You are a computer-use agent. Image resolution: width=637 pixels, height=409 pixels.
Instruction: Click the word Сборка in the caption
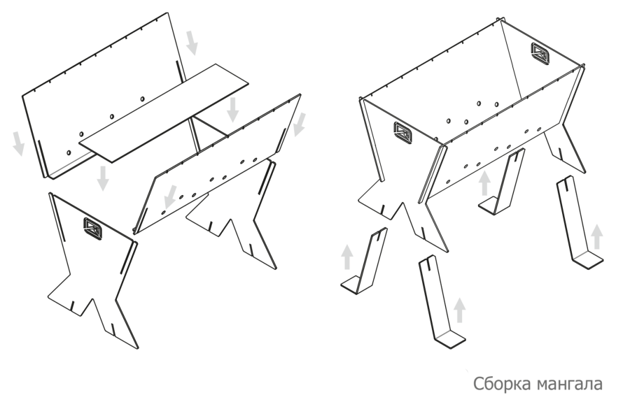(x=502, y=383)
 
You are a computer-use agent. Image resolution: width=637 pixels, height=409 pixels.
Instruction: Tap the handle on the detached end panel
(x=93, y=229)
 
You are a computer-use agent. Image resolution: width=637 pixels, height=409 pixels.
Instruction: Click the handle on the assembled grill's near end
(x=402, y=133)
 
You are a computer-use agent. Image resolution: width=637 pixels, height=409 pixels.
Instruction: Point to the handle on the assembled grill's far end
(x=540, y=53)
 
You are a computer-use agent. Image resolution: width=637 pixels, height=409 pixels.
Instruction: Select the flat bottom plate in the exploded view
(x=163, y=113)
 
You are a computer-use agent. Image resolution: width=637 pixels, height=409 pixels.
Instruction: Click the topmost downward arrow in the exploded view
(x=192, y=42)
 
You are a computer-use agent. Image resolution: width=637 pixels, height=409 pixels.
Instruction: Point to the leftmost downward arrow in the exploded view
(x=18, y=143)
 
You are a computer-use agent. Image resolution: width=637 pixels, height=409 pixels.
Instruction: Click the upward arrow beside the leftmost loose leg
(x=346, y=257)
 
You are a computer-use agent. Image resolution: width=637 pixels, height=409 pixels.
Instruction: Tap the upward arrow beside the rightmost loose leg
(x=596, y=237)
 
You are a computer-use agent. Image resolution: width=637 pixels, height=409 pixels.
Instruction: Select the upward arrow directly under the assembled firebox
(x=484, y=183)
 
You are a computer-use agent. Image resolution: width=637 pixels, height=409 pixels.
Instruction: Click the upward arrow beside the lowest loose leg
(x=459, y=310)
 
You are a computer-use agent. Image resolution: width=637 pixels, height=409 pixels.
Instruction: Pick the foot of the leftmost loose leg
(x=351, y=285)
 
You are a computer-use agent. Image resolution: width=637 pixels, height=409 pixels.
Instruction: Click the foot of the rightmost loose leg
(x=587, y=259)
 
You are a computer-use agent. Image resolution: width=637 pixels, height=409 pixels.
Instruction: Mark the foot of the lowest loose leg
(x=449, y=339)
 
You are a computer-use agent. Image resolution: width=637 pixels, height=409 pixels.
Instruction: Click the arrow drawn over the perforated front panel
(x=171, y=196)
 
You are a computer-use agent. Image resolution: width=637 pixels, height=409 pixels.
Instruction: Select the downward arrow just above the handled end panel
(x=103, y=178)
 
